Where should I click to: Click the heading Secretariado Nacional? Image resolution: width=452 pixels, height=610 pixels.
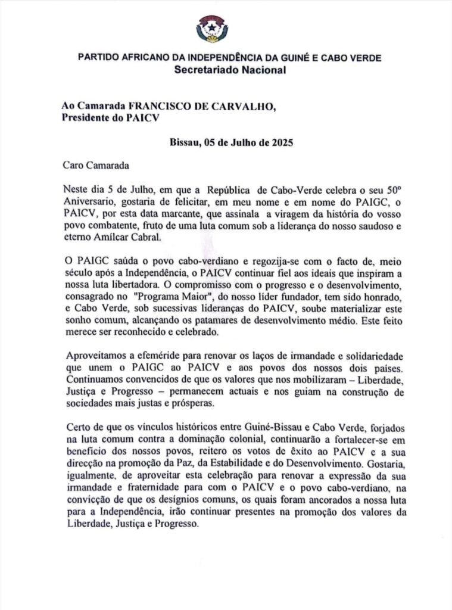pos(229,70)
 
